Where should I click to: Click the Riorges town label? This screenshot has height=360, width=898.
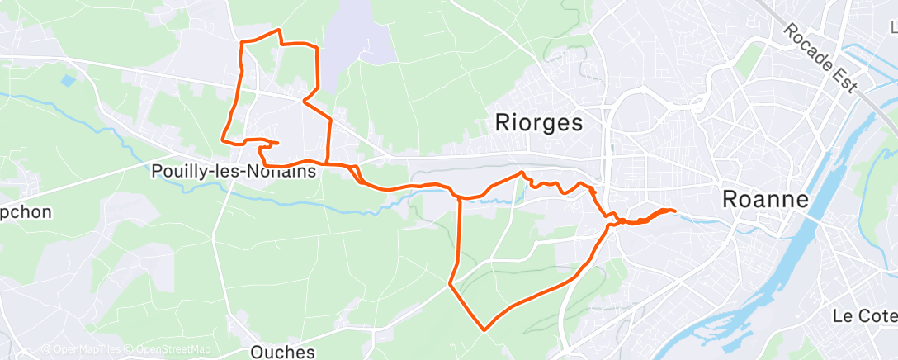539,123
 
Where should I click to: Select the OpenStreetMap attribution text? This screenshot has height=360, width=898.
173,349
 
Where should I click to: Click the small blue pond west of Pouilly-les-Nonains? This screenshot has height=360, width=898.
67,81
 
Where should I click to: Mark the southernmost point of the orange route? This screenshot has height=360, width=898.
484,329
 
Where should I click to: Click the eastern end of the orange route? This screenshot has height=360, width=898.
675,211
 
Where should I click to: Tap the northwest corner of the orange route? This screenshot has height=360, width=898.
240,41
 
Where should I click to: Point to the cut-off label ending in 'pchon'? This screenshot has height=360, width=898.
25,212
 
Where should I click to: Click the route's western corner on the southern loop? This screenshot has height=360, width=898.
450,284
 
